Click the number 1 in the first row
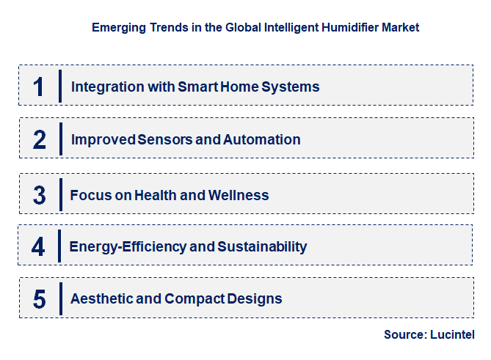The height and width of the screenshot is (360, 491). [39, 87]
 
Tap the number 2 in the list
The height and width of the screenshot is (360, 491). [39, 139]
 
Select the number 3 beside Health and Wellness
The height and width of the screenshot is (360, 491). [39, 196]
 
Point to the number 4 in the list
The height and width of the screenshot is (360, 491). [38, 247]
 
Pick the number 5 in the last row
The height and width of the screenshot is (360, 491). [39, 299]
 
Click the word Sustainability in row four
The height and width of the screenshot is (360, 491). [261, 246]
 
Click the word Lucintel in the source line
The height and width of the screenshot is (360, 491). [453, 334]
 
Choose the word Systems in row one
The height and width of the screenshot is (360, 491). [292, 87]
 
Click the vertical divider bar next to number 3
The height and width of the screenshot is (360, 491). [60, 195]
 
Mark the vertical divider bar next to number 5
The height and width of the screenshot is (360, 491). [60, 298]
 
